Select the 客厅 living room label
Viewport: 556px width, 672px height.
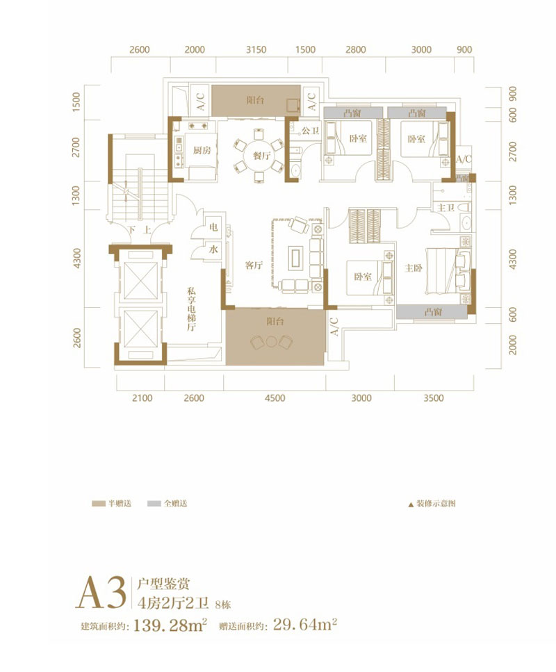[x=253, y=265]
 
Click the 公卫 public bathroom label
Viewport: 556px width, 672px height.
[x=310, y=130]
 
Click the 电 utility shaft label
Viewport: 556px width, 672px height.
[x=213, y=227]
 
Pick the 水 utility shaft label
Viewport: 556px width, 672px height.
[x=213, y=249]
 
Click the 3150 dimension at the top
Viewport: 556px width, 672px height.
[x=256, y=50]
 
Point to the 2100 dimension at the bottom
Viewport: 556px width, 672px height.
[x=141, y=398]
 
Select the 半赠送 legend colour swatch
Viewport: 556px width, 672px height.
[x=97, y=502]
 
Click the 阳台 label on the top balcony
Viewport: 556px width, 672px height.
[x=255, y=100]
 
